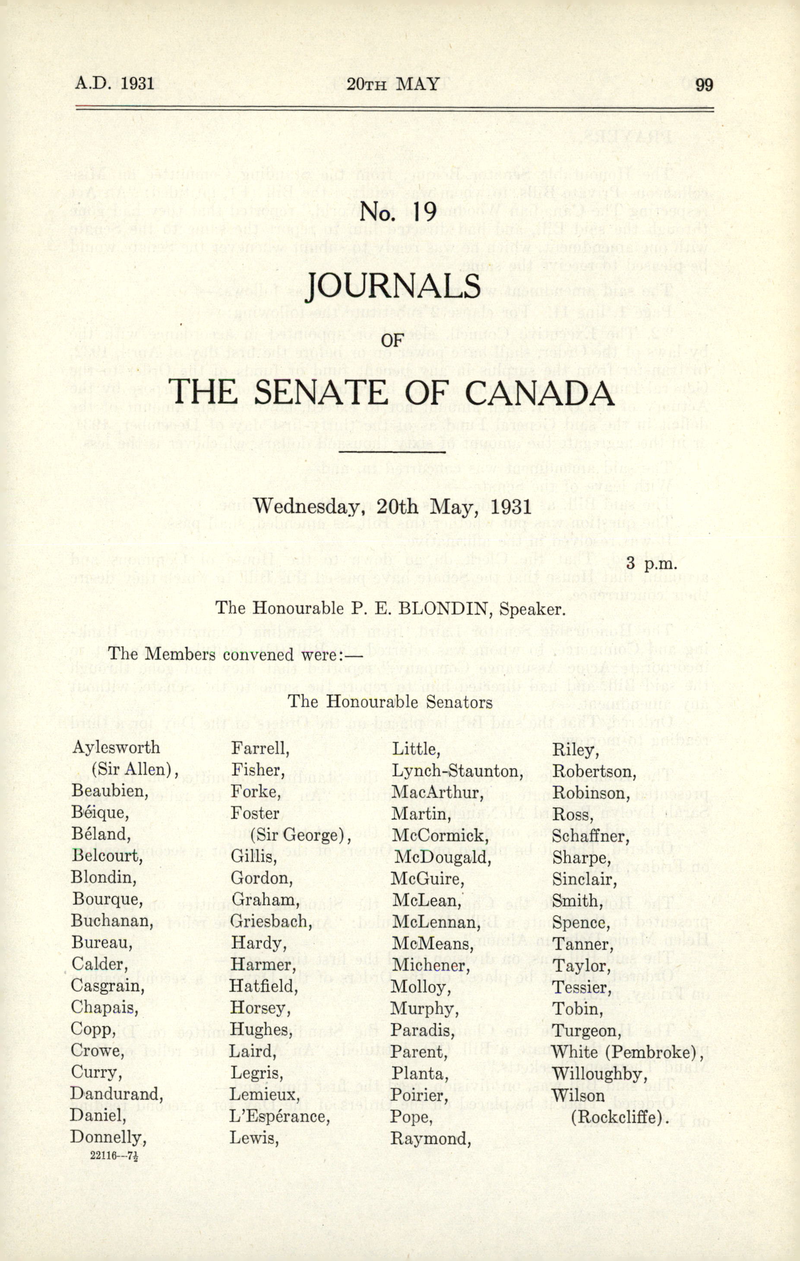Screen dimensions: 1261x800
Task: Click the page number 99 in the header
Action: (x=704, y=84)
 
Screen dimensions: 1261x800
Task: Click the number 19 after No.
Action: (x=424, y=212)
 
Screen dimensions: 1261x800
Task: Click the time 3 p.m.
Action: (x=651, y=564)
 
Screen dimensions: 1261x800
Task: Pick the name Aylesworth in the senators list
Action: (x=116, y=747)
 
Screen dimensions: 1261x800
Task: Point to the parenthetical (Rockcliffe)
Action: (x=620, y=1117)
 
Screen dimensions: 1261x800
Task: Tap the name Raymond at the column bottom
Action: (x=430, y=1138)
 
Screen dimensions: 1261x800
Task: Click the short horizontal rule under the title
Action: (x=392, y=451)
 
